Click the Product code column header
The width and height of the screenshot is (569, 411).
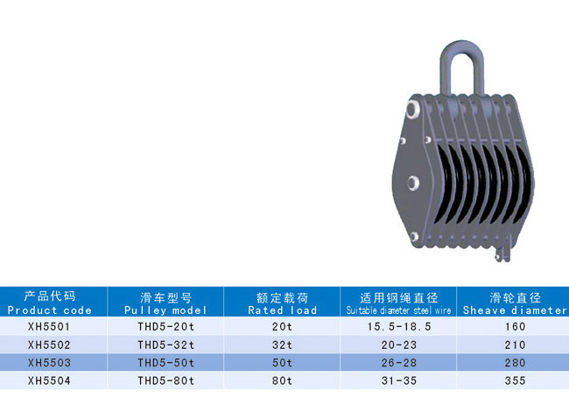pyautogui.click(x=49, y=303)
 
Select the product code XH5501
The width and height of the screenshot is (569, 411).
pyautogui.click(x=49, y=327)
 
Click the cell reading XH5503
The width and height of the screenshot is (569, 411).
pyautogui.click(x=49, y=363)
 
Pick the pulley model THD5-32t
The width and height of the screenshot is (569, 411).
pyautogui.click(x=165, y=345)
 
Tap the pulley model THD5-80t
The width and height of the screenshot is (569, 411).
pyautogui.click(x=165, y=381)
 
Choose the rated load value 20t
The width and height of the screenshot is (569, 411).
pyautogui.click(x=283, y=327)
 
